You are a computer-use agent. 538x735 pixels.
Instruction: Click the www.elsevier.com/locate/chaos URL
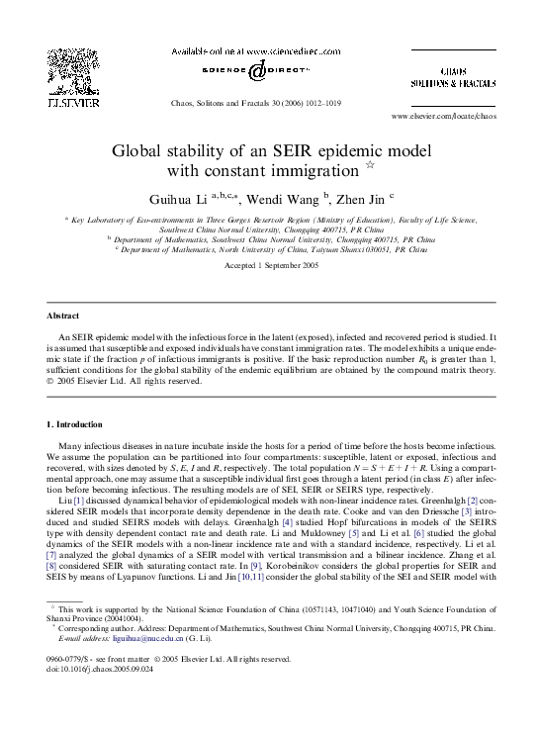click(444, 117)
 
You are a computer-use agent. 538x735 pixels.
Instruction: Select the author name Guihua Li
click(178, 199)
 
